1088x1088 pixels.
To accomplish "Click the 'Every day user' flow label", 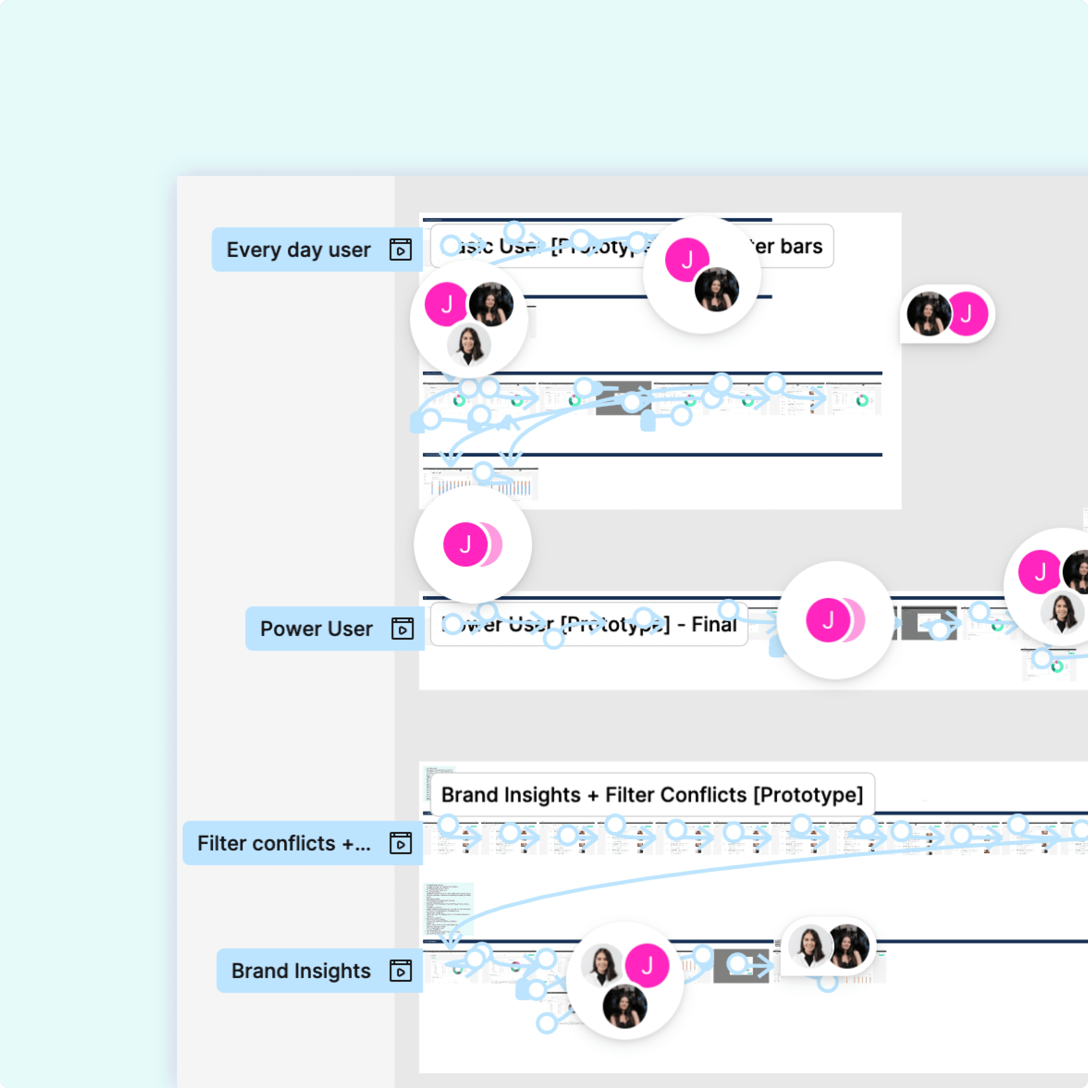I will click(x=298, y=250).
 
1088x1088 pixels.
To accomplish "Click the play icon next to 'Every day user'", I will click(x=400, y=250).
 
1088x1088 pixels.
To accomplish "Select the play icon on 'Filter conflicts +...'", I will click(x=400, y=843).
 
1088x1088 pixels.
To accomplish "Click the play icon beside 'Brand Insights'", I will click(x=400, y=971).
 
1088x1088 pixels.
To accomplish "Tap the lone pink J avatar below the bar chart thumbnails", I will click(x=465, y=544).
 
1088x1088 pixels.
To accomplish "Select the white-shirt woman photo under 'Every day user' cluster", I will click(x=469, y=345).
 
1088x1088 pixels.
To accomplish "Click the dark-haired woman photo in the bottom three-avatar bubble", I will click(x=625, y=1006).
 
